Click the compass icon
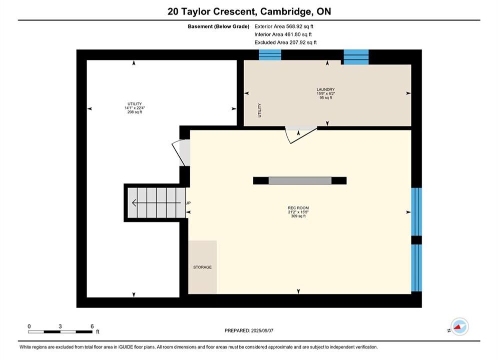459,326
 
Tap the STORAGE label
202,267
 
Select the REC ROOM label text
298,208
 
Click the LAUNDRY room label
325,89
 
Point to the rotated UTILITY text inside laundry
259,110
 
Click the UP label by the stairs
188,203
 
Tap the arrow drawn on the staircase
156,202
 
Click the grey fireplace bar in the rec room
300,180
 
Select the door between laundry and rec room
301,135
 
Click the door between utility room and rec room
182,152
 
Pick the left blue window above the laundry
270,55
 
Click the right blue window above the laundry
356,57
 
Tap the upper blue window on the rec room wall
416,211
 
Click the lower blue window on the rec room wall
416,268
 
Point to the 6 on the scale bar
92,326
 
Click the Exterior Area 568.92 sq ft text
284,26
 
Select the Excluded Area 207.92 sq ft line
285,42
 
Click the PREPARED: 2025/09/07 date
249,330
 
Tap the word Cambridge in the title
285,11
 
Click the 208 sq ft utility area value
135,112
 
